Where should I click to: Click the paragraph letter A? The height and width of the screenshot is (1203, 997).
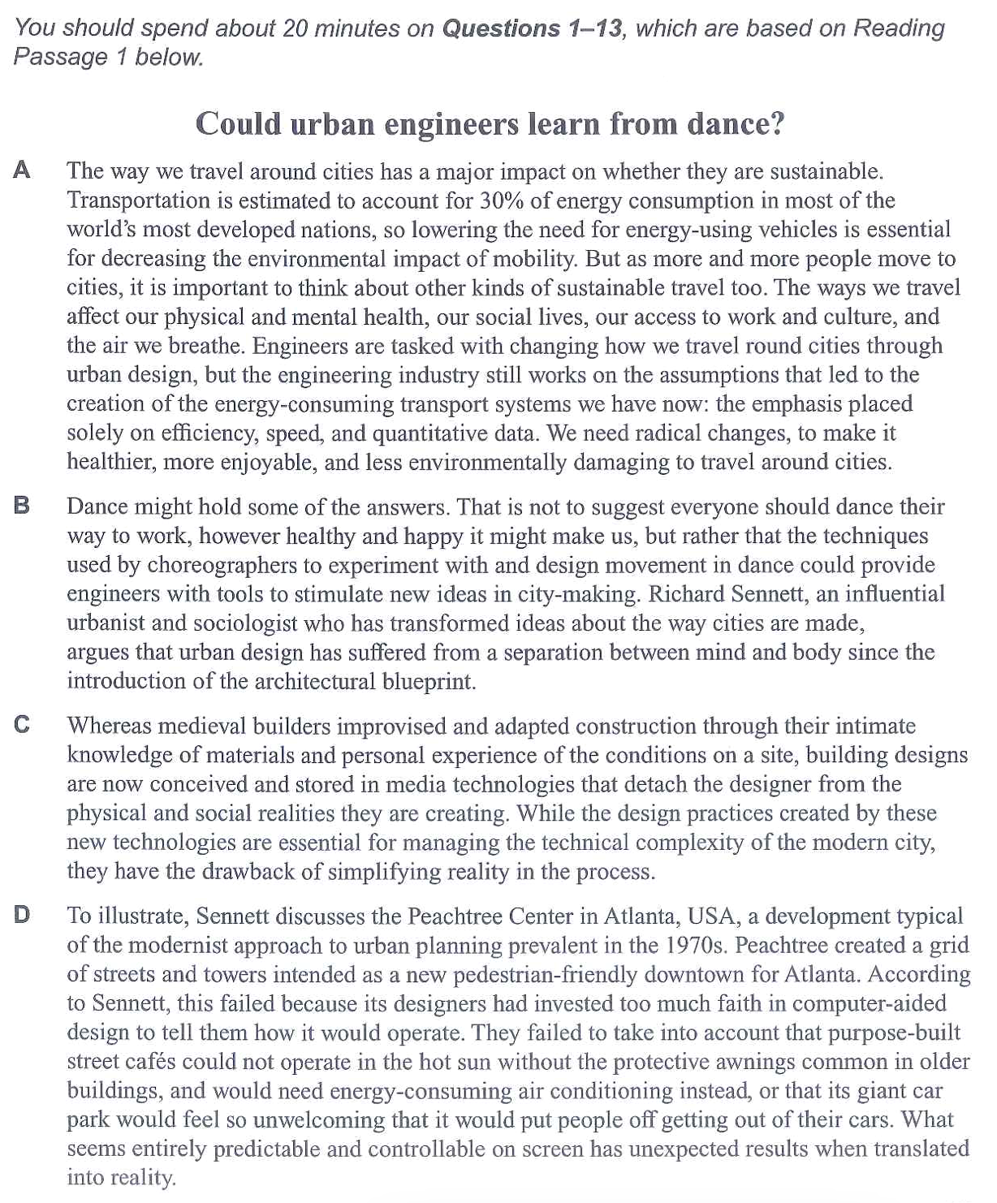(x=23, y=170)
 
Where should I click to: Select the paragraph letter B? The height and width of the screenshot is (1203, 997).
(x=23, y=506)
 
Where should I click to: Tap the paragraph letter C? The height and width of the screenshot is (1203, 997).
(x=23, y=725)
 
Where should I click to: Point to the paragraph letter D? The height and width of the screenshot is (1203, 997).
(x=23, y=915)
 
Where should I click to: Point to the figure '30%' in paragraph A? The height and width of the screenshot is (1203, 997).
(x=502, y=200)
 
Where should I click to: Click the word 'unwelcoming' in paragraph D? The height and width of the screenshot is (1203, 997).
(x=319, y=1120)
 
